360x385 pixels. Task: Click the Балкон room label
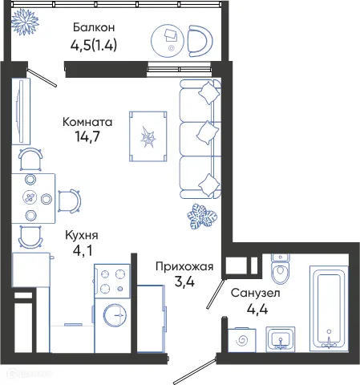click(93, 27)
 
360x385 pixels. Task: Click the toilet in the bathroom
click(281, 273)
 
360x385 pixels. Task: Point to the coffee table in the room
click(148, 138)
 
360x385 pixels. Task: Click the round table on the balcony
click(171, 37)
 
